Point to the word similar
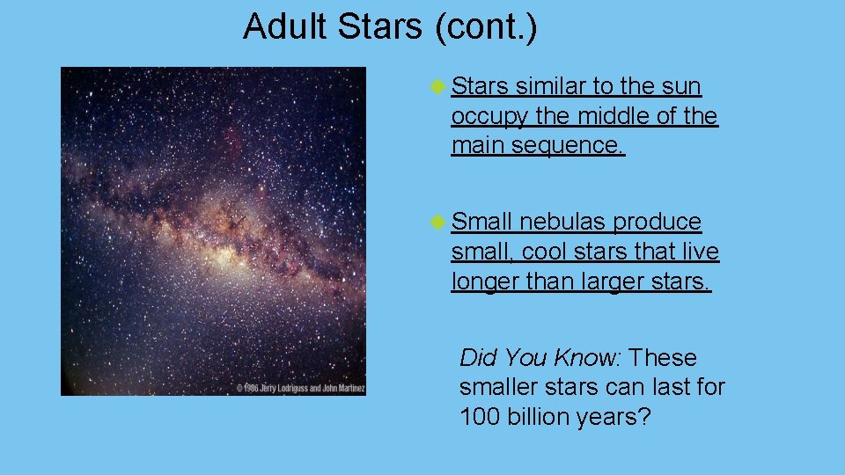pyautogui.click(x=552, y=86)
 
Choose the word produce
pyautogui.click(x=660, y=222)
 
